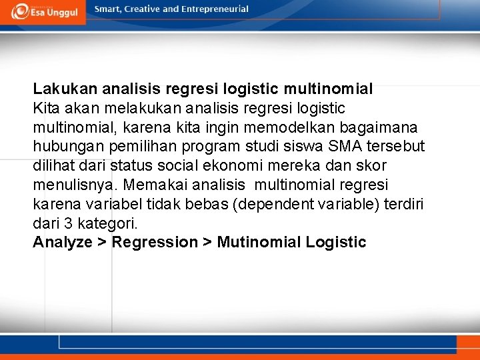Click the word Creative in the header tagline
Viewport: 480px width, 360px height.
click(142, 9)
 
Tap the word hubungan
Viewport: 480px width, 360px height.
click(64, 146)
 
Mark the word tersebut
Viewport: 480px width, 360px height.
click(396, 146)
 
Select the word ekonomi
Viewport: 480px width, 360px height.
click(241, 165)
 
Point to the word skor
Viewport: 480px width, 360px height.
click(371, 165)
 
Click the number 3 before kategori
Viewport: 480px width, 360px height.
click(67, 223)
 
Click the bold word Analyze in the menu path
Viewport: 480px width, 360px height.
click(63, 242)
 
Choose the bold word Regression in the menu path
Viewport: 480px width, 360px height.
click(155, 242)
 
